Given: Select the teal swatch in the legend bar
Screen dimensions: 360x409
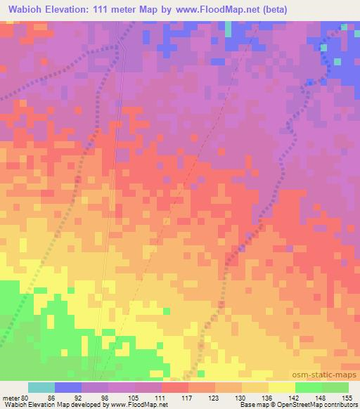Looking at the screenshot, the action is pyautogui.click(x=41, y=387).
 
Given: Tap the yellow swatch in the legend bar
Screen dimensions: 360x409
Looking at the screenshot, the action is pyautogui.click(x=282, y=387).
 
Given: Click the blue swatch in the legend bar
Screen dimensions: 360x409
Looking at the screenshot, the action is pyautogui.click(x=68, y=387).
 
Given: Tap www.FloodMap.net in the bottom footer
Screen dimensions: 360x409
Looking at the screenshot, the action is pyautogui.click(x=137, y=405).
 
